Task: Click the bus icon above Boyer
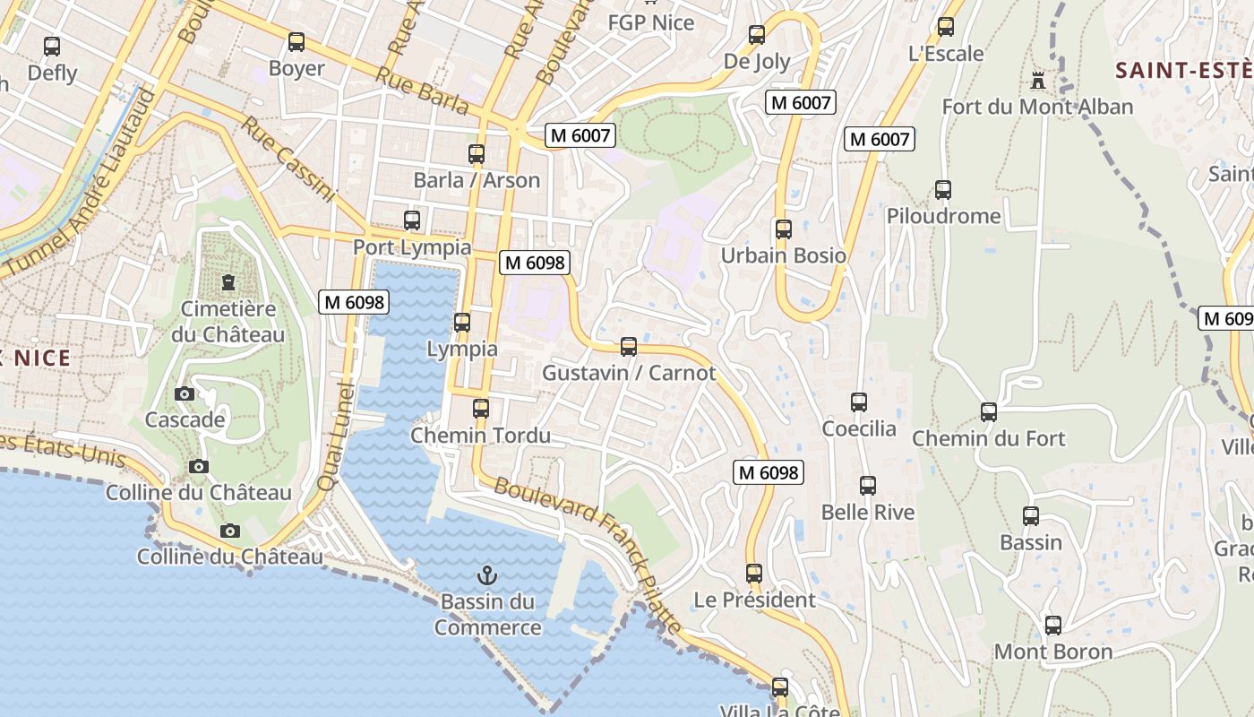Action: click(x=296, y=42)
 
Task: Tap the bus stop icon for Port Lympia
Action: click(x=412, y=220)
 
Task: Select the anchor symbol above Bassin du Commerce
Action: click(x=488, y=574)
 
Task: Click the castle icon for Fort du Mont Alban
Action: click(x=1038, y=81)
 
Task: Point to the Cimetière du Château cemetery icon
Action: click(x=228, y=282)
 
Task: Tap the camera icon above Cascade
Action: click(x=185, y=394)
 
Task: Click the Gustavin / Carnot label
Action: click(x=629, y=373)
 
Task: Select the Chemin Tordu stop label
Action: click(x=480, y=436)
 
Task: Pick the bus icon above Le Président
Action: click(x=754, y=574)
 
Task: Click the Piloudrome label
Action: click(x=943, y=216)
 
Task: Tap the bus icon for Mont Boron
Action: click(x=1053, y=626)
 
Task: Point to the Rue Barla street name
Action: click(x=422, y=91)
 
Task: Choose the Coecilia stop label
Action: click(x=859, y=428)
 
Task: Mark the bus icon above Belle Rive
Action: click(x=868, y=487)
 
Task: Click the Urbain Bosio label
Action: click(x=784, y=255)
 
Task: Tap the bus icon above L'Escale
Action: click(x=946, y=28)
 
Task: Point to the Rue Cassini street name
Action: click(x=287, y=159)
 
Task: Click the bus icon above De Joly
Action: click(x=757, y=36)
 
